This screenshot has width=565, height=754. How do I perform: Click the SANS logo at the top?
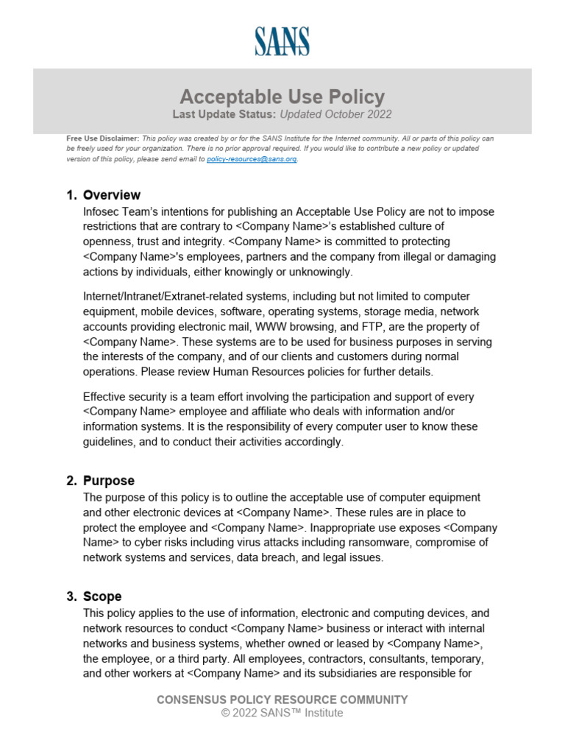[282, 41]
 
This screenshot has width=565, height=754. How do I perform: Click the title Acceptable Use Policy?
[282, 96]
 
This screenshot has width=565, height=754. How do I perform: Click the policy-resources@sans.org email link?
[252, 159]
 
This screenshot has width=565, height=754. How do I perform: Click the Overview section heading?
[112, 195]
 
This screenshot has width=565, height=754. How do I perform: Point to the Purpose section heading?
[109, 481]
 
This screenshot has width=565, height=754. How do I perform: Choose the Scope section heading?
[102, 596]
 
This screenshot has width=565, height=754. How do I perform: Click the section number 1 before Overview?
[71, 195]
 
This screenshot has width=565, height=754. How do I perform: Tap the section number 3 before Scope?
[71, 596]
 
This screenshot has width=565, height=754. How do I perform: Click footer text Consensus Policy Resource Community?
[282, 700]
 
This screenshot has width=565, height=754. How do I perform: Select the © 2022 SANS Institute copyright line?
[282, 713]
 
